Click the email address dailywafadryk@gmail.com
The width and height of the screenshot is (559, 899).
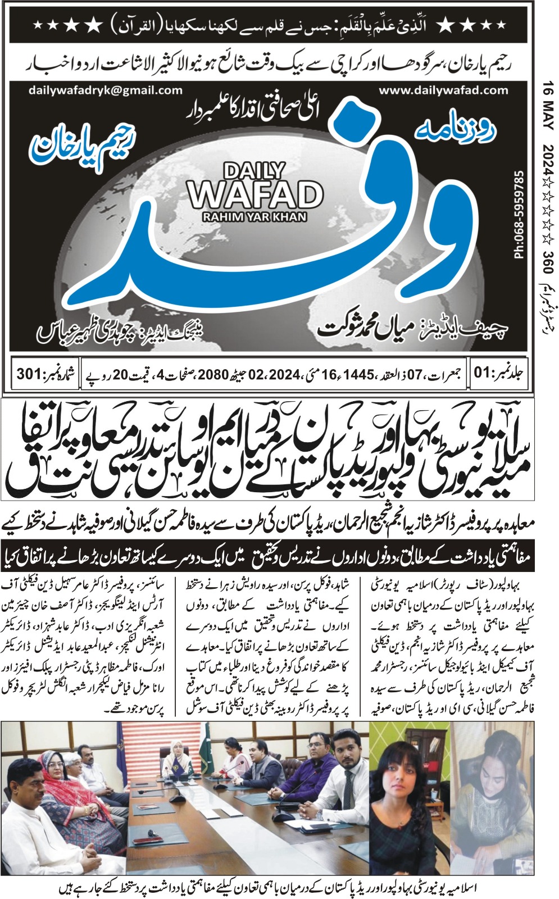pyautogui.click(x=104, y=90)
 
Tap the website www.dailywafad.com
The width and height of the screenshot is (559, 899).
pyautogui.click(x=443, y=90)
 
